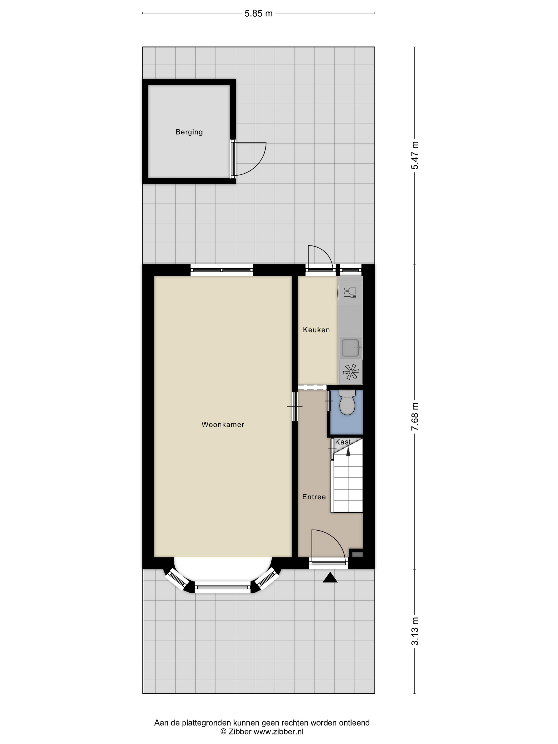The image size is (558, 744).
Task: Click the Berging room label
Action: tap(189, 132)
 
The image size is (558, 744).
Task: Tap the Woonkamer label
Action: tap(223, 424)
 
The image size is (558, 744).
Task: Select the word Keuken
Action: tap(316, 330)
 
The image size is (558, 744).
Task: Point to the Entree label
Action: tap(314, 497)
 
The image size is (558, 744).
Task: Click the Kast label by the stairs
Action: tap(343, 442)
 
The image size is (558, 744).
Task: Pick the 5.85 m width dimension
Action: tap(258, 14)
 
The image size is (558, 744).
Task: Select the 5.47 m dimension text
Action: tap(416, 155)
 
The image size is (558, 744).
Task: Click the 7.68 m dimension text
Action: tap(416, 416)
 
